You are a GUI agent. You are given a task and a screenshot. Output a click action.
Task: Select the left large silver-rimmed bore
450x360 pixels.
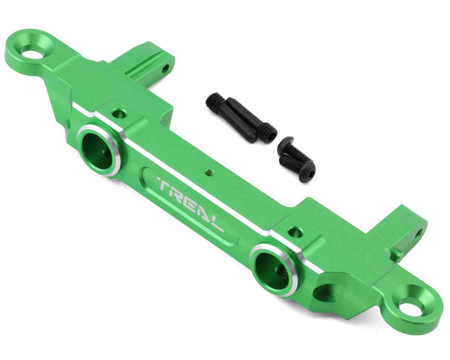[100, 151]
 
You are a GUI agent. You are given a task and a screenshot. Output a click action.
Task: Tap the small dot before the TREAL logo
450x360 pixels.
[158, 178]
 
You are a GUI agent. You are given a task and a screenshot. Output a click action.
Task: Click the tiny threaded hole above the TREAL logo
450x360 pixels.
[208, 173]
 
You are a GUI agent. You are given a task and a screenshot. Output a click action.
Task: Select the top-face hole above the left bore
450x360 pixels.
[119, 114]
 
